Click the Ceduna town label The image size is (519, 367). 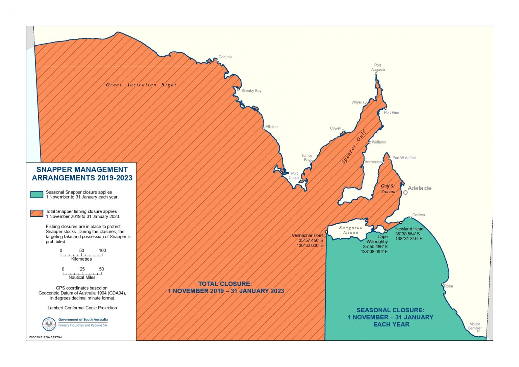pyautogui.click(x=225, y=57)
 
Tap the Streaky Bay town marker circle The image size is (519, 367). pyautogui.click(x=238, y=90)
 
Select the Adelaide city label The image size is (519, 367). pyautogui.click(x=419, y=188)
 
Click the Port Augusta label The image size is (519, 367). pyautogui.click(x=378, y=68)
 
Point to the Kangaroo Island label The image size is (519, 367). pyautogui.click(x=351, y=230)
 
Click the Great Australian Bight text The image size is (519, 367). pyautogui.click(x=141, y=85)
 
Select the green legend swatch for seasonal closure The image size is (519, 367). pyautogui.click(x=36, y=194)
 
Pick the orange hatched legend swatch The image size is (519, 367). pyautogui.click(x=36, y=213)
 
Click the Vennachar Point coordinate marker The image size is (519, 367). pyautogui.click(x=326, y=232)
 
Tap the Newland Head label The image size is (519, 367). pyautogui.click(x=409, y=229)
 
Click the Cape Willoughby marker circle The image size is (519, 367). pyautogui.click(x=386, y=231)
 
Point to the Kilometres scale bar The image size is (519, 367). pyautogui.click(x=82, y=255)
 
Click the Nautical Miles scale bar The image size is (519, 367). pyautogui.click(x=82, y=273)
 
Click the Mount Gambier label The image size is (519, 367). pyautogui.click(x=475, y=326)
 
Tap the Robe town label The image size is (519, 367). pyautogui.click(x=448, y=286)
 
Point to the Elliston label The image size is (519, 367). pyautogui.click(x=271, y=127)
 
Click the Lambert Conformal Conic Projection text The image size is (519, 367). pyautogui.click(x=82, y=308)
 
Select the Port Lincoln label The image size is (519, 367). pyautogui.click(x=294, y=176)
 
